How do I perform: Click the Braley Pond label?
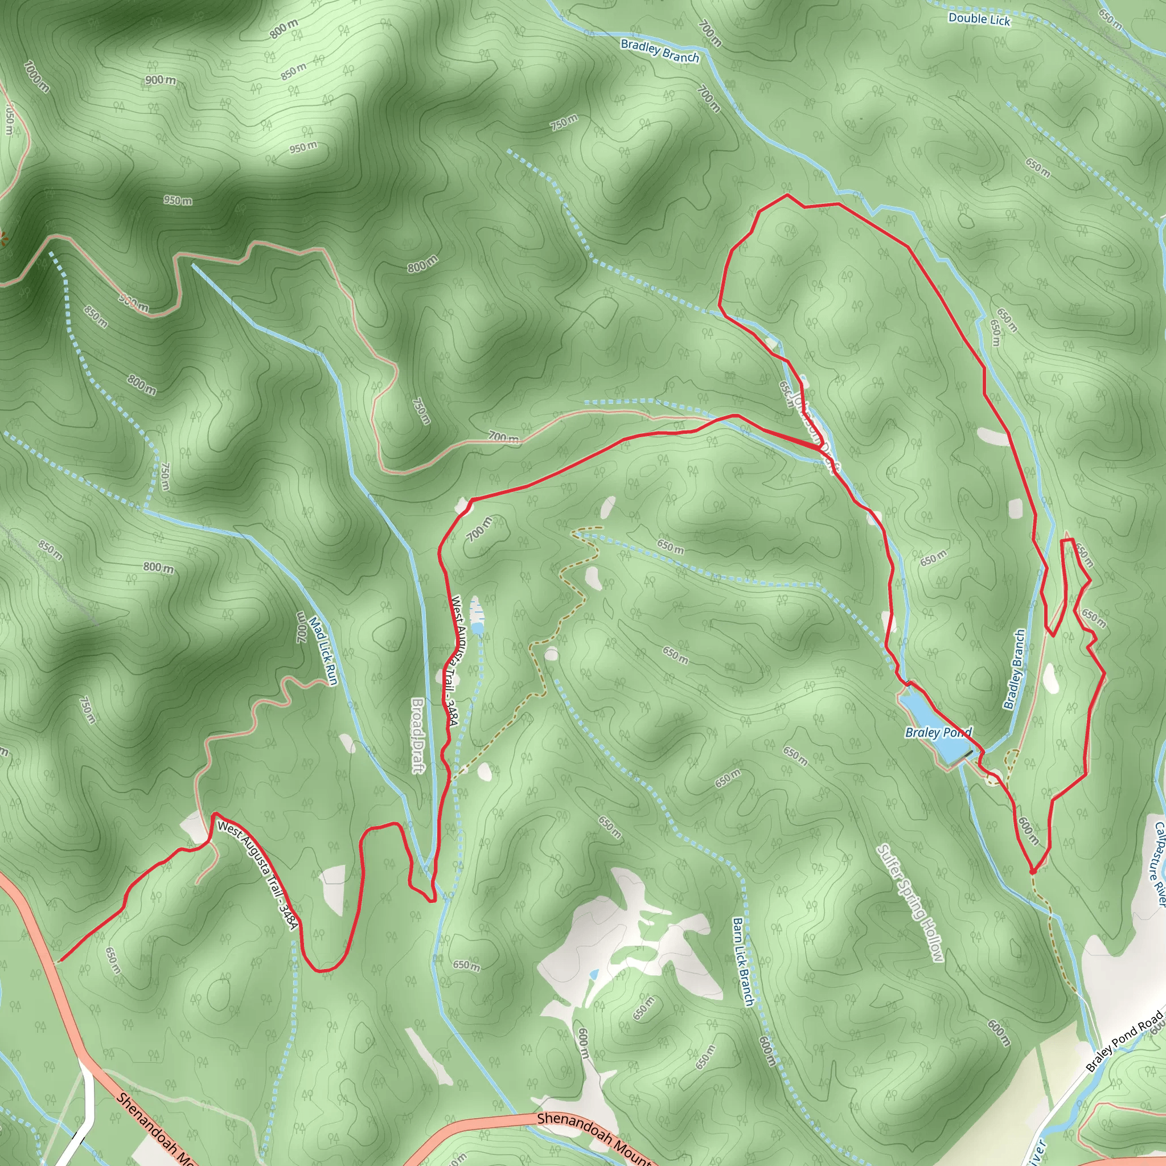[938, 732]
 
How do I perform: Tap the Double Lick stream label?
[979, 19]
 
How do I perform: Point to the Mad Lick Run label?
[323, 651]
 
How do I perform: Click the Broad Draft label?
[417, 735]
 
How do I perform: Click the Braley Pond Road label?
[1124, 1041]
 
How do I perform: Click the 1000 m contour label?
[37, 77]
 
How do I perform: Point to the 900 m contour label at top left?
[160, 80]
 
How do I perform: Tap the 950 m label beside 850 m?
[302, 147]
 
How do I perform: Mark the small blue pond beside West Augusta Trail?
[477, 630]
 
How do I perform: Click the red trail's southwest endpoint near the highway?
[60, 961]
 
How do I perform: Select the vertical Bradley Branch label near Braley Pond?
[1015, 669]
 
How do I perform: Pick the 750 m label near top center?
[563, 122]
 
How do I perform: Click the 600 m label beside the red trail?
[1028, 831]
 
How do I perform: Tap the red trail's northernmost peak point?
[787, 195]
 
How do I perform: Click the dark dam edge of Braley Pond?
[967, 754]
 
